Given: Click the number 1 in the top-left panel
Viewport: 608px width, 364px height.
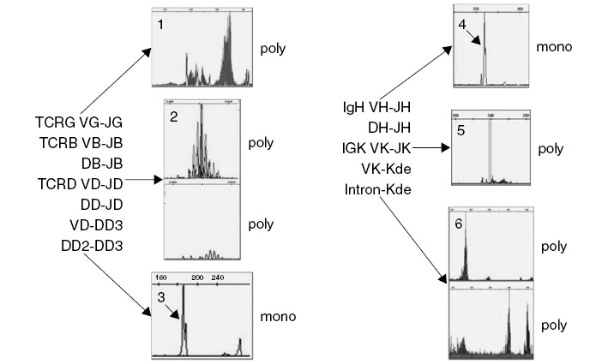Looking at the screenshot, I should pyautogui.click(x=160, y=25).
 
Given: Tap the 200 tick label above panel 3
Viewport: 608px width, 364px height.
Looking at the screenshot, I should pyautogui.click(x=196, y=278).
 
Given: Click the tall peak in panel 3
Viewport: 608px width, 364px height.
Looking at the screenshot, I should pyautogui.click(x=184, y=321).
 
